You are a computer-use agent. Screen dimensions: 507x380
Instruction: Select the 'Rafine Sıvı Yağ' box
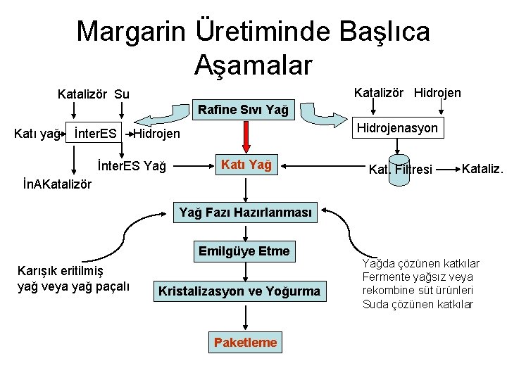(x=243, y=110)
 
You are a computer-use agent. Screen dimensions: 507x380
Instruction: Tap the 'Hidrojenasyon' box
(x=398, y=127)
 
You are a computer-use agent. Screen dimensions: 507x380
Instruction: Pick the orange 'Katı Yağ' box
(x=246, y=165)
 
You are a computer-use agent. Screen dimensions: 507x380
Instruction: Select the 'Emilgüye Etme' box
(x=244, y=251)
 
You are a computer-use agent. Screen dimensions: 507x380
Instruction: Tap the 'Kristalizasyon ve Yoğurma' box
(x=239, y=291)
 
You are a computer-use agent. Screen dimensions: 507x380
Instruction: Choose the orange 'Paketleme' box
(x=245, y=343)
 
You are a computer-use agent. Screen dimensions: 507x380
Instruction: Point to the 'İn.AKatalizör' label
(x=57, y=184)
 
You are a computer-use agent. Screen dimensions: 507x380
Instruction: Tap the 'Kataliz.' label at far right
(x=482, y=167)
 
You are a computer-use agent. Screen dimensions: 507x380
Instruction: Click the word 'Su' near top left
(x=121, y=94)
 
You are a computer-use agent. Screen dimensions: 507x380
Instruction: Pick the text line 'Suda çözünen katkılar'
(x=418, y=304)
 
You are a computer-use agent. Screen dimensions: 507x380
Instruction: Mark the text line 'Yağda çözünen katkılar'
(x=420, y=263)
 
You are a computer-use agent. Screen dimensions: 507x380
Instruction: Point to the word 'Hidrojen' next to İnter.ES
(x=156, y=134)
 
